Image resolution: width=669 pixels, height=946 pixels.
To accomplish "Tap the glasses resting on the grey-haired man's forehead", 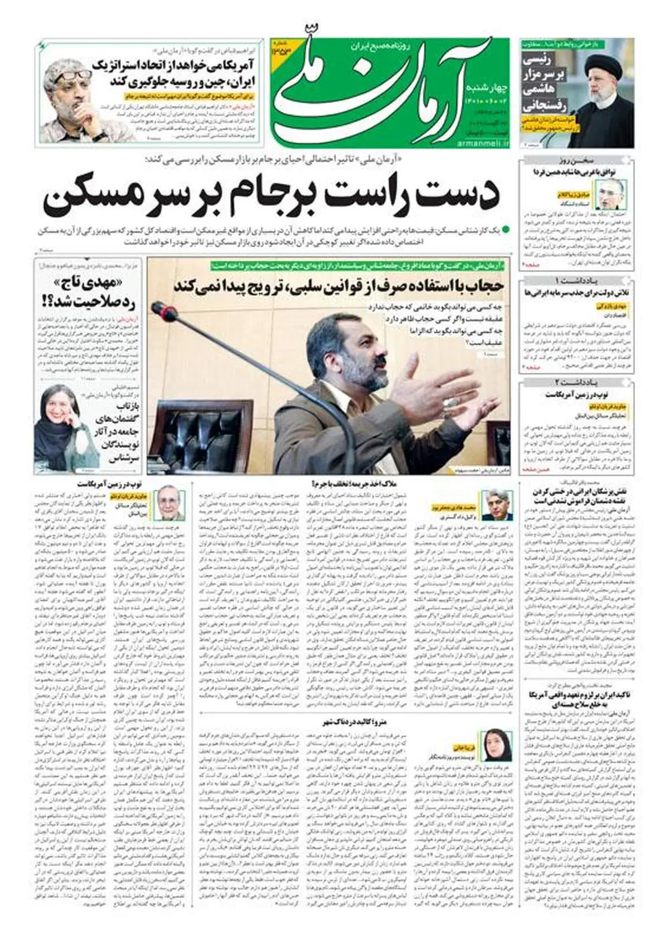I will pyautogui.click(x=71, y=75).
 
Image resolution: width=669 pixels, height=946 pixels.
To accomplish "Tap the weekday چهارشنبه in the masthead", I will pyautogui.click(x=486, y=89).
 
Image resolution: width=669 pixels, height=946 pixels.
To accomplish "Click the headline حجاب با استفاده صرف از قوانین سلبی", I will pyautogui.click(x=339, y=287).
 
